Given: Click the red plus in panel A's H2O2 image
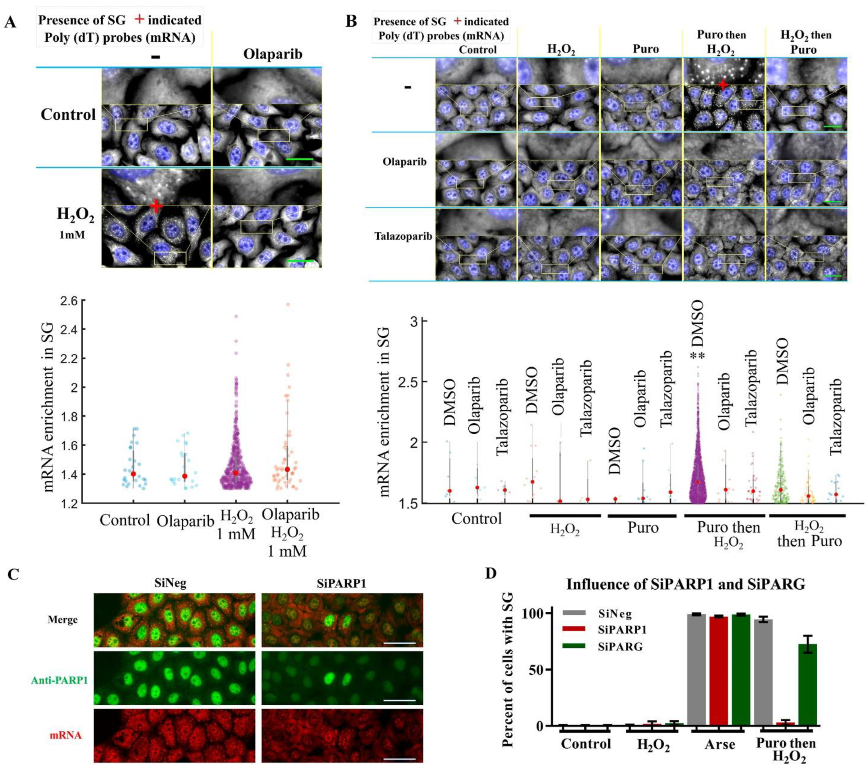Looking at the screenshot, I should pyautogui.click(x=156, y=207).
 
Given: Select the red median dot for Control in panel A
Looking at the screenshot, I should pyautogui.click(x=133, y=474).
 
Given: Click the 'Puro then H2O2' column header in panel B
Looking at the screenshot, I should pyautogui.click(x=721, y=43).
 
